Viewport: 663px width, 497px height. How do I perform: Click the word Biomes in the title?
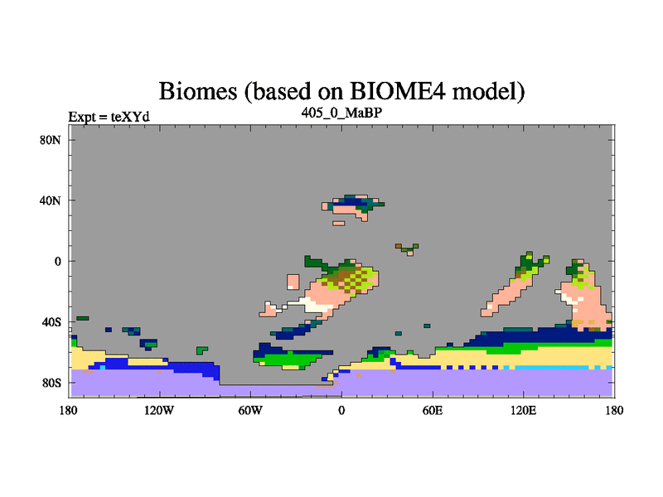click(197, 91)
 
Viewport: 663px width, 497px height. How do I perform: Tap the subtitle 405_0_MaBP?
click(341, 113)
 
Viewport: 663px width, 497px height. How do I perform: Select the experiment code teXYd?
click(130, 117)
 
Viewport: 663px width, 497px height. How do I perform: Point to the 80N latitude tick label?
click(51, 140)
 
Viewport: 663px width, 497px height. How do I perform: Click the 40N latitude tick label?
click(51, 200)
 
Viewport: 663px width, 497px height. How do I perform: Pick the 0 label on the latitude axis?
click(57, 261)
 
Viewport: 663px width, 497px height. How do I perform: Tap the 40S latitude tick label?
click(51, 322)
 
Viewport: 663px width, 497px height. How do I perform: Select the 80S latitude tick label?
click(51, 383)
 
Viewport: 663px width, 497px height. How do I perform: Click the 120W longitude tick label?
click(159, 410)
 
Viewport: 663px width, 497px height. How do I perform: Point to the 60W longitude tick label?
click(250, 410)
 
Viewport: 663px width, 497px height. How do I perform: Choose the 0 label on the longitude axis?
click(341, 410)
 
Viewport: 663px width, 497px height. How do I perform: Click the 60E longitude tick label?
click(433, 410)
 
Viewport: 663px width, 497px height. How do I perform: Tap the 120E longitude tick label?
click(524, 410)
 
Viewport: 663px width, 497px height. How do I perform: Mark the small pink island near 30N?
click(339, 223)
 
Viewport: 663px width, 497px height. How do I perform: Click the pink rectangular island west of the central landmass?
click(293, 282)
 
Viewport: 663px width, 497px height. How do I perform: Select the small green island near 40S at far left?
click(82, 318)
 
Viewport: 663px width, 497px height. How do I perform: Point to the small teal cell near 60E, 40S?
click(427, 326)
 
